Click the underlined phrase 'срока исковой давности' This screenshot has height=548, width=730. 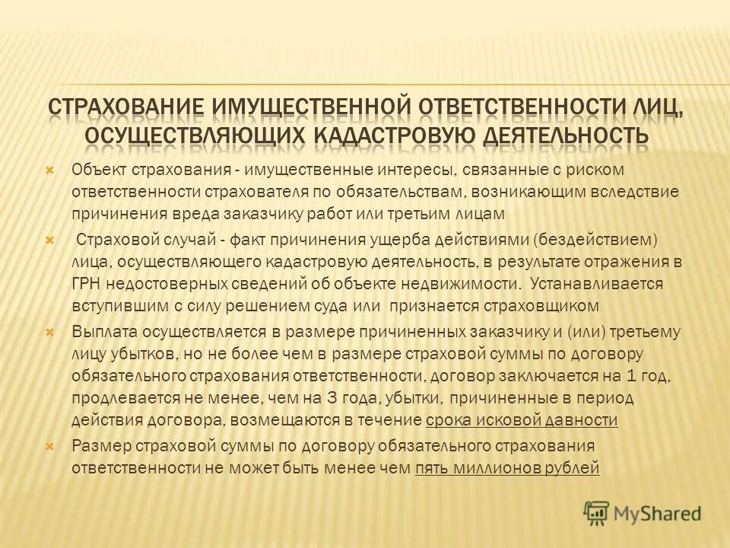522,420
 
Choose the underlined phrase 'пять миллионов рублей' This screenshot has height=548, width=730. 508,468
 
